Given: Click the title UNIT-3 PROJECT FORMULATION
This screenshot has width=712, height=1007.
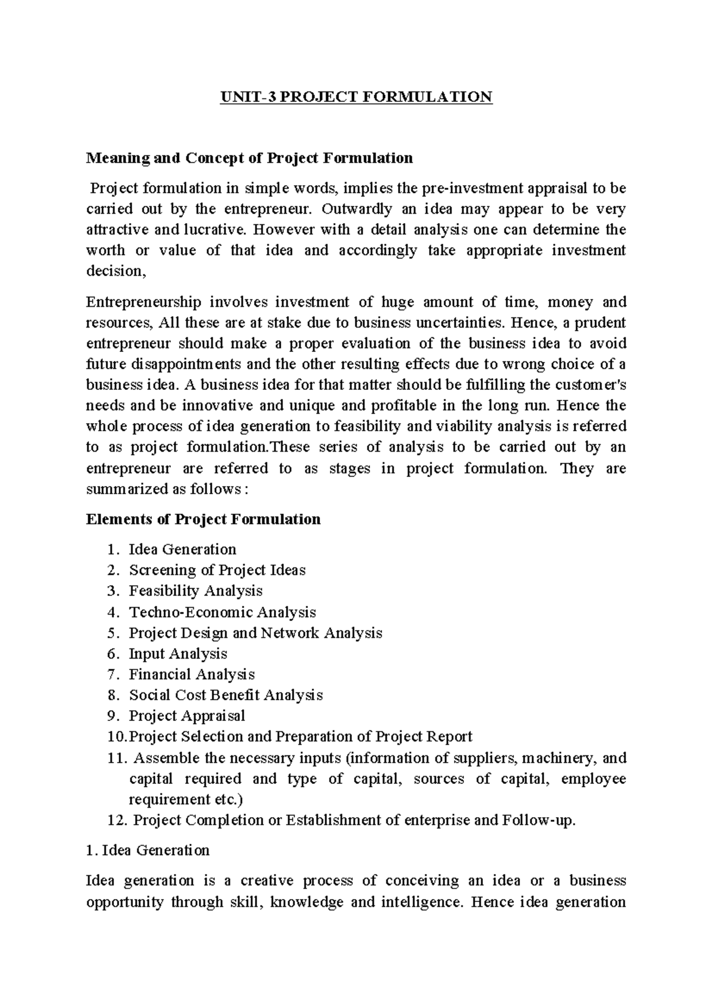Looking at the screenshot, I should [356, 97].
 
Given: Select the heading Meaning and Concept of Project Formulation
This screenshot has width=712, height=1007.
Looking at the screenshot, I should [249, 158].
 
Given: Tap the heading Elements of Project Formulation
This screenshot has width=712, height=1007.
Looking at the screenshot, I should [203, 519].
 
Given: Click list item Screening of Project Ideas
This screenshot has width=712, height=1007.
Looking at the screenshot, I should [217, 570].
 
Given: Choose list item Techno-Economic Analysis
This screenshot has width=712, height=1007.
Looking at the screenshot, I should [223, 612].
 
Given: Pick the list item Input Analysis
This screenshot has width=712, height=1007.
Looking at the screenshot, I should [178, 654].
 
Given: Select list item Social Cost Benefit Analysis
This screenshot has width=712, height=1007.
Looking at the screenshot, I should [225, 695].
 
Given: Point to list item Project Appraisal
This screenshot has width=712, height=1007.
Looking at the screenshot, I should [187, 716].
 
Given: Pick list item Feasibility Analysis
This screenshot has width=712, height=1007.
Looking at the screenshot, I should [196, 591].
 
